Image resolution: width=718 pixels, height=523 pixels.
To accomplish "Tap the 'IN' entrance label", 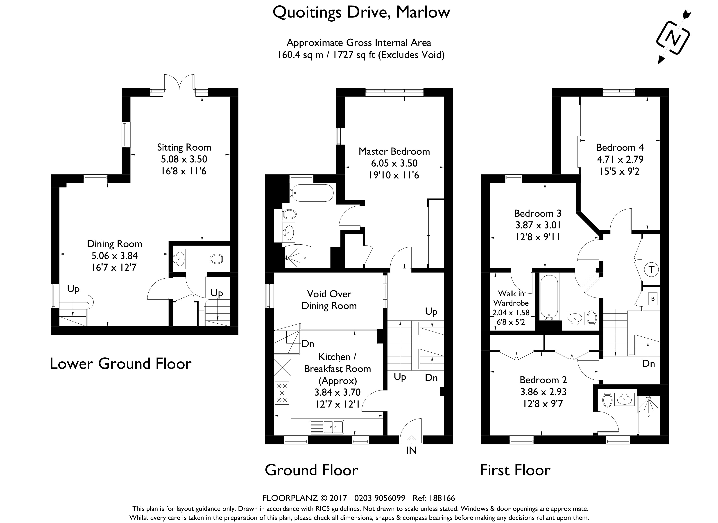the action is (411, 450).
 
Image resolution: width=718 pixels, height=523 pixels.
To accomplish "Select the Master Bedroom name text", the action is (394, 151).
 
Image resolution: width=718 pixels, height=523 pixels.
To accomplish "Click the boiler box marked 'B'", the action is (653, 299).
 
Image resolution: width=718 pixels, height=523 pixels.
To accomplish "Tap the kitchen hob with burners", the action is (282, 393).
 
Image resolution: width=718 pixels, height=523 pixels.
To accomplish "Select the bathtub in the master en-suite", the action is (312, 193).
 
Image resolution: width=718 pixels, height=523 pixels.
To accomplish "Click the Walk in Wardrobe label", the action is (511, 298).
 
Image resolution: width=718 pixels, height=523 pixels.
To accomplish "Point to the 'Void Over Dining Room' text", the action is (329, 300).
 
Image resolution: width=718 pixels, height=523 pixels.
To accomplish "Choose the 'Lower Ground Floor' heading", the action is (121, 364).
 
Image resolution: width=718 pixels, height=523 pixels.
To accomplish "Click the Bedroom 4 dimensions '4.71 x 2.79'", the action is (620, 159).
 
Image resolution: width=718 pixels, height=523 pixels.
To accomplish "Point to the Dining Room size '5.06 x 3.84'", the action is (114, 255).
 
